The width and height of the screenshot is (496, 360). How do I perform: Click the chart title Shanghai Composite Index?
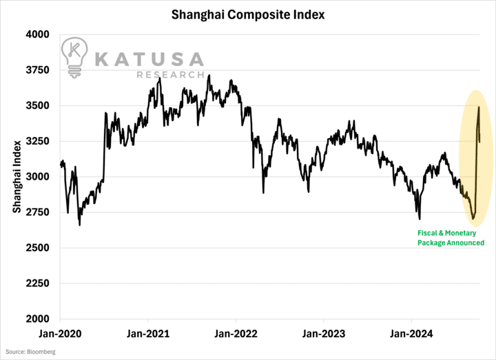pyautogui.click(x=248, y=13)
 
